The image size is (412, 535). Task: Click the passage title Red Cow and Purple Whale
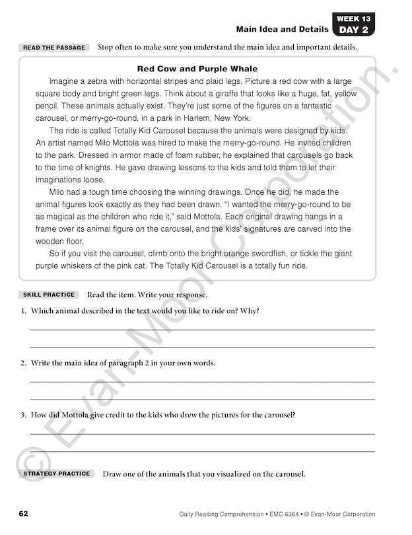click(x=197, y=69)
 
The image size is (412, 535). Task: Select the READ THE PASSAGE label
click(x=54, y=48)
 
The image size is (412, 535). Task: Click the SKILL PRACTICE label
click(x=50, y=295)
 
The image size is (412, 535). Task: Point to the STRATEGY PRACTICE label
click(x=57, y=474)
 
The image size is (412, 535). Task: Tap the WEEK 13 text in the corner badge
click(x=355, y=18)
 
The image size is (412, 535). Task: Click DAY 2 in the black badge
click(x=355, y=30)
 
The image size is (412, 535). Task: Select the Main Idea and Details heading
click(x=282, y=29)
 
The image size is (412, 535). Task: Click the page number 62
click(x=23, y=514)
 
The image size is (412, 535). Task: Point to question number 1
click(x=23, y=311)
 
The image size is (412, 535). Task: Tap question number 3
click(x=23, y=415)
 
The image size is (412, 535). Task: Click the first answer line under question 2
click(x=202, y=381)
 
